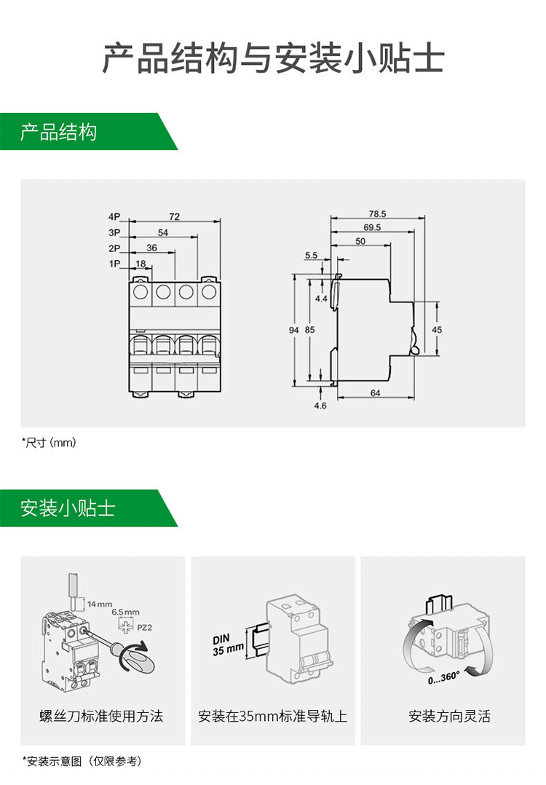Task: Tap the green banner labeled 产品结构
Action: (x=58, y=133)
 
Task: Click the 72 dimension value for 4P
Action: (x=175, y=216)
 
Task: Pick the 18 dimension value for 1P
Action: (x=141, y=263)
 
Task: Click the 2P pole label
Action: (x=114, y=248)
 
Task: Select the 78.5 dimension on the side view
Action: (x=377, y=214)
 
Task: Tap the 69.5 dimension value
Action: (x=372, y=227)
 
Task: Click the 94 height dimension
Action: (x=294, y=330)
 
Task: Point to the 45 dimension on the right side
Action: (x=437, y=330)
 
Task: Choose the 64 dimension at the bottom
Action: (x=376, y=393)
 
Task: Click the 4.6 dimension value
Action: (x=320, y=406)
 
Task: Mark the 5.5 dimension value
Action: (x=311, y=256)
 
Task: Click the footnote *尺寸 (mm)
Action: (x=49, y=443)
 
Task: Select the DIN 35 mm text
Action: (x=228, y=645)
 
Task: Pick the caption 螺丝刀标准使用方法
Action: (x=101, y=716)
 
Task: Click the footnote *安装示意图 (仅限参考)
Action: (x=82, y=761)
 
